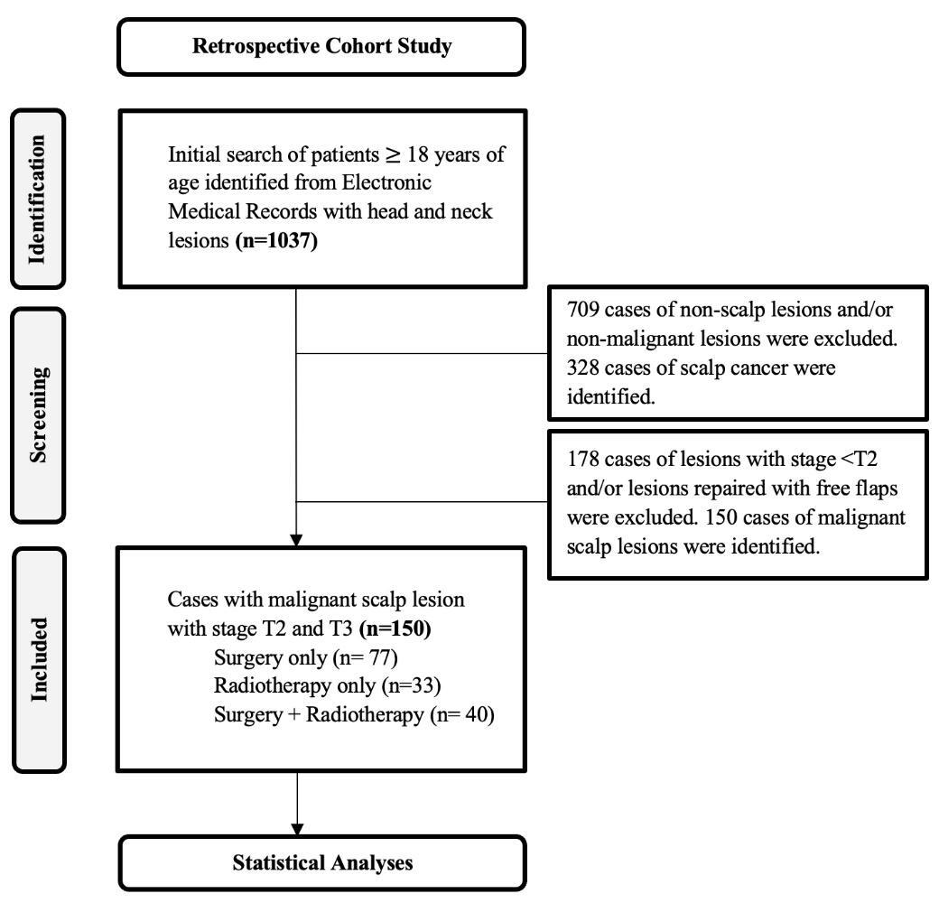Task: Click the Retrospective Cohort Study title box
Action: pyautogui.click(x=321, y=47)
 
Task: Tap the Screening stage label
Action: pyautogui.click(x=37, y=414)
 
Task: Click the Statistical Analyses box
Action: pyautogui.click(x=322, y=862)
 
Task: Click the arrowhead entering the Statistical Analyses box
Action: pyautogui.click(x=296, y=827)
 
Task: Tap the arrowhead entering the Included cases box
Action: pyautogui.click(x=296, y=540)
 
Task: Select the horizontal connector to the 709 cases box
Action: pyautogui.click(x=422, y=354)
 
